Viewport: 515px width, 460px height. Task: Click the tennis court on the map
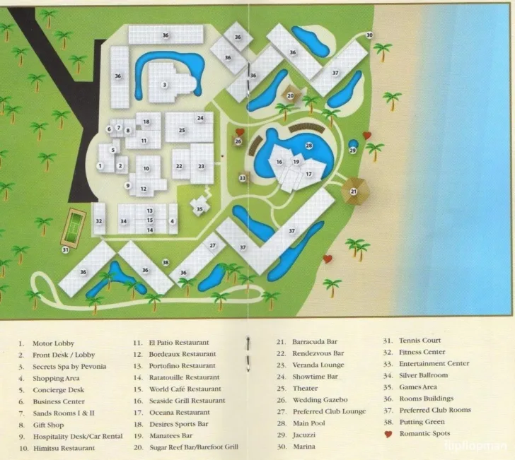tap(74, 225)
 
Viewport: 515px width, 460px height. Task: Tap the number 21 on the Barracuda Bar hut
tap(354, 191)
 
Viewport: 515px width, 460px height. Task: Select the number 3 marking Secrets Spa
tap(164, 85)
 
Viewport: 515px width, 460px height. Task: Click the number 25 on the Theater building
tap(182, 130)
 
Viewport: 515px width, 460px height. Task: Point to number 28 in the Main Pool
tap(308, 146)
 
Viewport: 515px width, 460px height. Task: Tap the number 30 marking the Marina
tap(369, 35)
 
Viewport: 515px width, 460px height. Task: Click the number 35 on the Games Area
tap(199, 209)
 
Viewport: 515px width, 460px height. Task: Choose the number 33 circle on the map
tap(243, 179)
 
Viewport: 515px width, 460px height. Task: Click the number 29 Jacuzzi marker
tap(353, 150)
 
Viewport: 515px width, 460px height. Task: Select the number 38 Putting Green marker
tap(166, 262)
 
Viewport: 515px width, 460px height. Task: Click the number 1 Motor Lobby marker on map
tap(100, 165)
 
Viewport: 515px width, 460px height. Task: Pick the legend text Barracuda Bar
tap(315, 341)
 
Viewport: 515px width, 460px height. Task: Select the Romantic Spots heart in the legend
tap(387, 433)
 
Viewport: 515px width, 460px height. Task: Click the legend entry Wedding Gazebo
tap(320, 399)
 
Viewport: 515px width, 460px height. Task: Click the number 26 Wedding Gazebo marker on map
tap(238, 142)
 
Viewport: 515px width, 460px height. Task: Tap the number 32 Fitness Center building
tap(99, 221)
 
